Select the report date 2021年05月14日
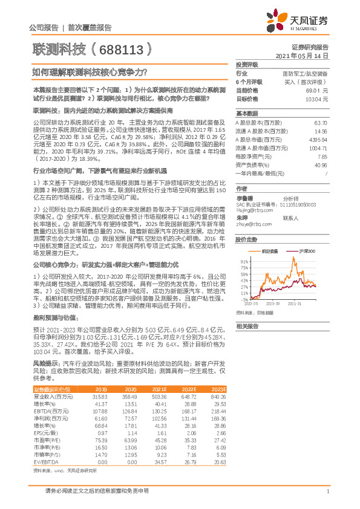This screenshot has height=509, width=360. coord(301,55)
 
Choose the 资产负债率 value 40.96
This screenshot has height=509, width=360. coord(321,164)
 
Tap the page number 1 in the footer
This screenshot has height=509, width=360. coord(327,491)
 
